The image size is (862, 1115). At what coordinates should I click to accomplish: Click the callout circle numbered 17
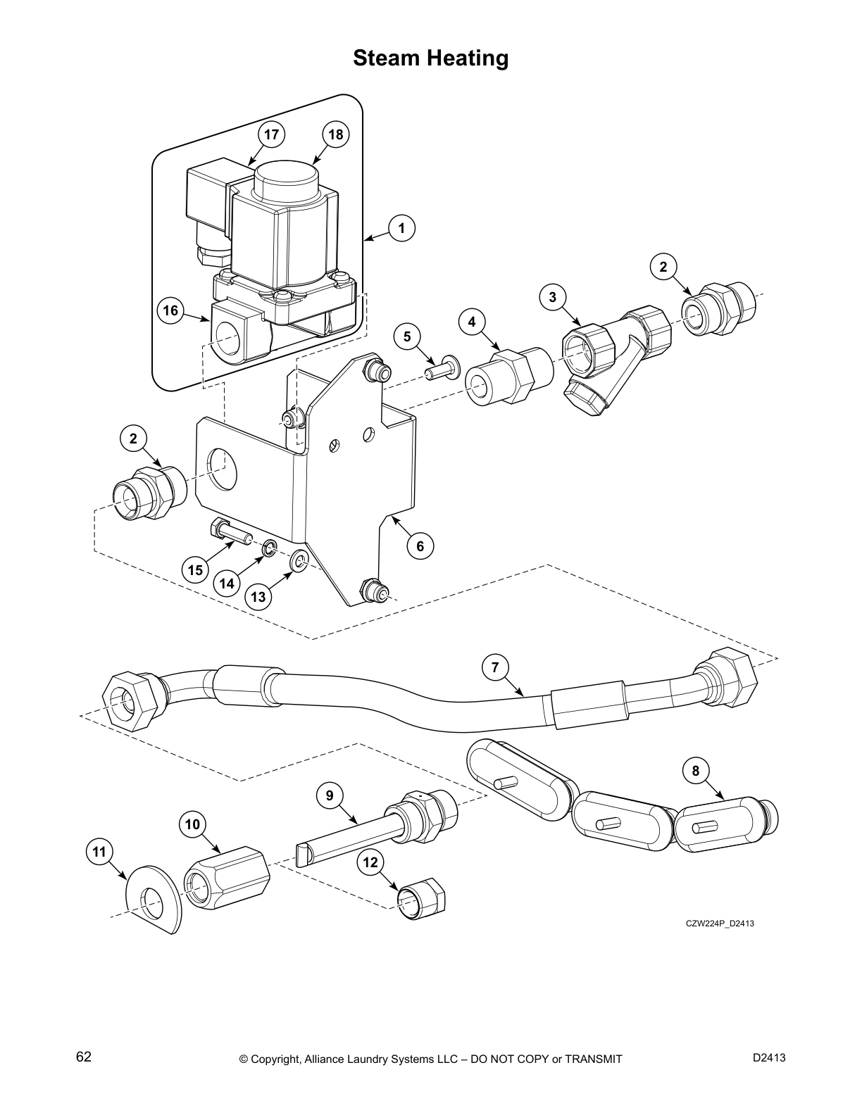point(271,134)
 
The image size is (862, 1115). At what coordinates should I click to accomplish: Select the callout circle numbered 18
point(336,134)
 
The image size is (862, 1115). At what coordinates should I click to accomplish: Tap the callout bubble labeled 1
point(401,228)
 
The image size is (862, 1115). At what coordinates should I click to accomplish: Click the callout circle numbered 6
point(420,546)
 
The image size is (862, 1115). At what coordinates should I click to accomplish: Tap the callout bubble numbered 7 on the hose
point(495,667)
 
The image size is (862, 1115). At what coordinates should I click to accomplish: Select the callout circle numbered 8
point(696,771)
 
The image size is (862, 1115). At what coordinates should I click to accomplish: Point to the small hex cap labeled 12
point(423,899)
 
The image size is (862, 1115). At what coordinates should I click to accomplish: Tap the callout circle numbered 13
point(258,597)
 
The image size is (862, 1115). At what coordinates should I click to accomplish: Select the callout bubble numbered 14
point(226,583)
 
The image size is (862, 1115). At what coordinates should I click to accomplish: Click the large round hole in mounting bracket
point(223,467)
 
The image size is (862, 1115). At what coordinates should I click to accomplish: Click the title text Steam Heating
point(430,58)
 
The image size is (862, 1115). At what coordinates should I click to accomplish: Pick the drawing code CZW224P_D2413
point(720,924)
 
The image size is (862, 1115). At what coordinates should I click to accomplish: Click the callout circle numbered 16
point(170,310)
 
